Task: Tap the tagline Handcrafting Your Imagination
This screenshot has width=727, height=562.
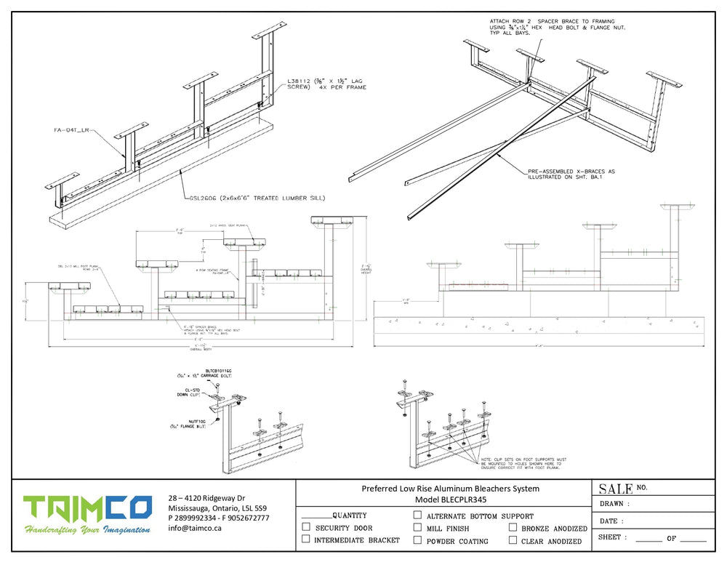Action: pyautogui.click(x=87, y=530)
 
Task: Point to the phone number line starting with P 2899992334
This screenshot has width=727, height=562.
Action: pyautogui.click(x=218, y=518)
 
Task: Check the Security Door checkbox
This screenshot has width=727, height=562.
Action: pyautogui.click(x=306, y=527)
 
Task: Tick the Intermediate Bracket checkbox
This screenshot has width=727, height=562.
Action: pyautogui.click(x=306, y=539)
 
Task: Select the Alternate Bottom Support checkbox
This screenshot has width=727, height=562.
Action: pyautogui.click(x=417, y=515)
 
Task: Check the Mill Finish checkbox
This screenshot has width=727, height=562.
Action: pyautogui.click(x=417, y=528)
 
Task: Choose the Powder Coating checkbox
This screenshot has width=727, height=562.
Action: pyautogui.click(x=417, y=540)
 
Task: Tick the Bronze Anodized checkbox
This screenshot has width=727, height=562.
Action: pyautogui.click(x=513, y=528)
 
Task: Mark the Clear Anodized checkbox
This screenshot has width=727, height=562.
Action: pyautogui.click(x=513, y=540)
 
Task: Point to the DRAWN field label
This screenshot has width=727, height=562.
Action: pyautogui.click(x=614, y=503)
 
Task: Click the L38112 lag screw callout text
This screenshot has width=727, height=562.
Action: pyautogui.click(x=326, y=84)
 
